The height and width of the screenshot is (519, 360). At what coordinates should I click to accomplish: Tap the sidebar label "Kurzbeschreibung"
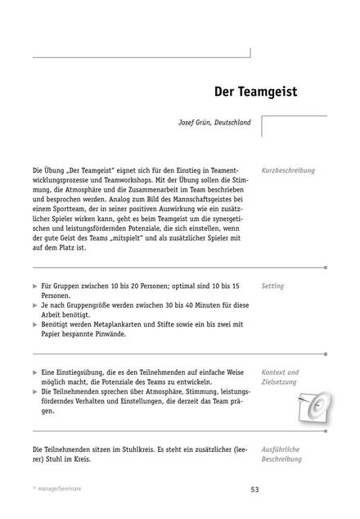click(288, 171)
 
